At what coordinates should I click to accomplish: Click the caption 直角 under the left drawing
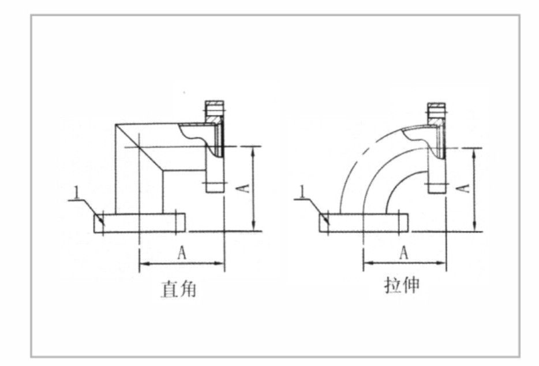(178, 289)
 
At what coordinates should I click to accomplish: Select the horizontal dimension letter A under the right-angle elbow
(181, 255)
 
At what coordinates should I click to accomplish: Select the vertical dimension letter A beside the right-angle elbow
(244, 188)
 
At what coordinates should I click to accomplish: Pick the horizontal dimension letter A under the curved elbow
(405, 252)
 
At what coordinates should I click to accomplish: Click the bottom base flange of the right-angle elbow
(139, 223)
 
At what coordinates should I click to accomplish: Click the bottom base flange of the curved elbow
(364, 223)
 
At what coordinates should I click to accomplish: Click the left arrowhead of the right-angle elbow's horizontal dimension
(143, 264)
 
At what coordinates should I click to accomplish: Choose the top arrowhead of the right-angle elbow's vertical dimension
(254, 150)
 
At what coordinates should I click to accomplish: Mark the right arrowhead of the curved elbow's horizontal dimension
(443, 264)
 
